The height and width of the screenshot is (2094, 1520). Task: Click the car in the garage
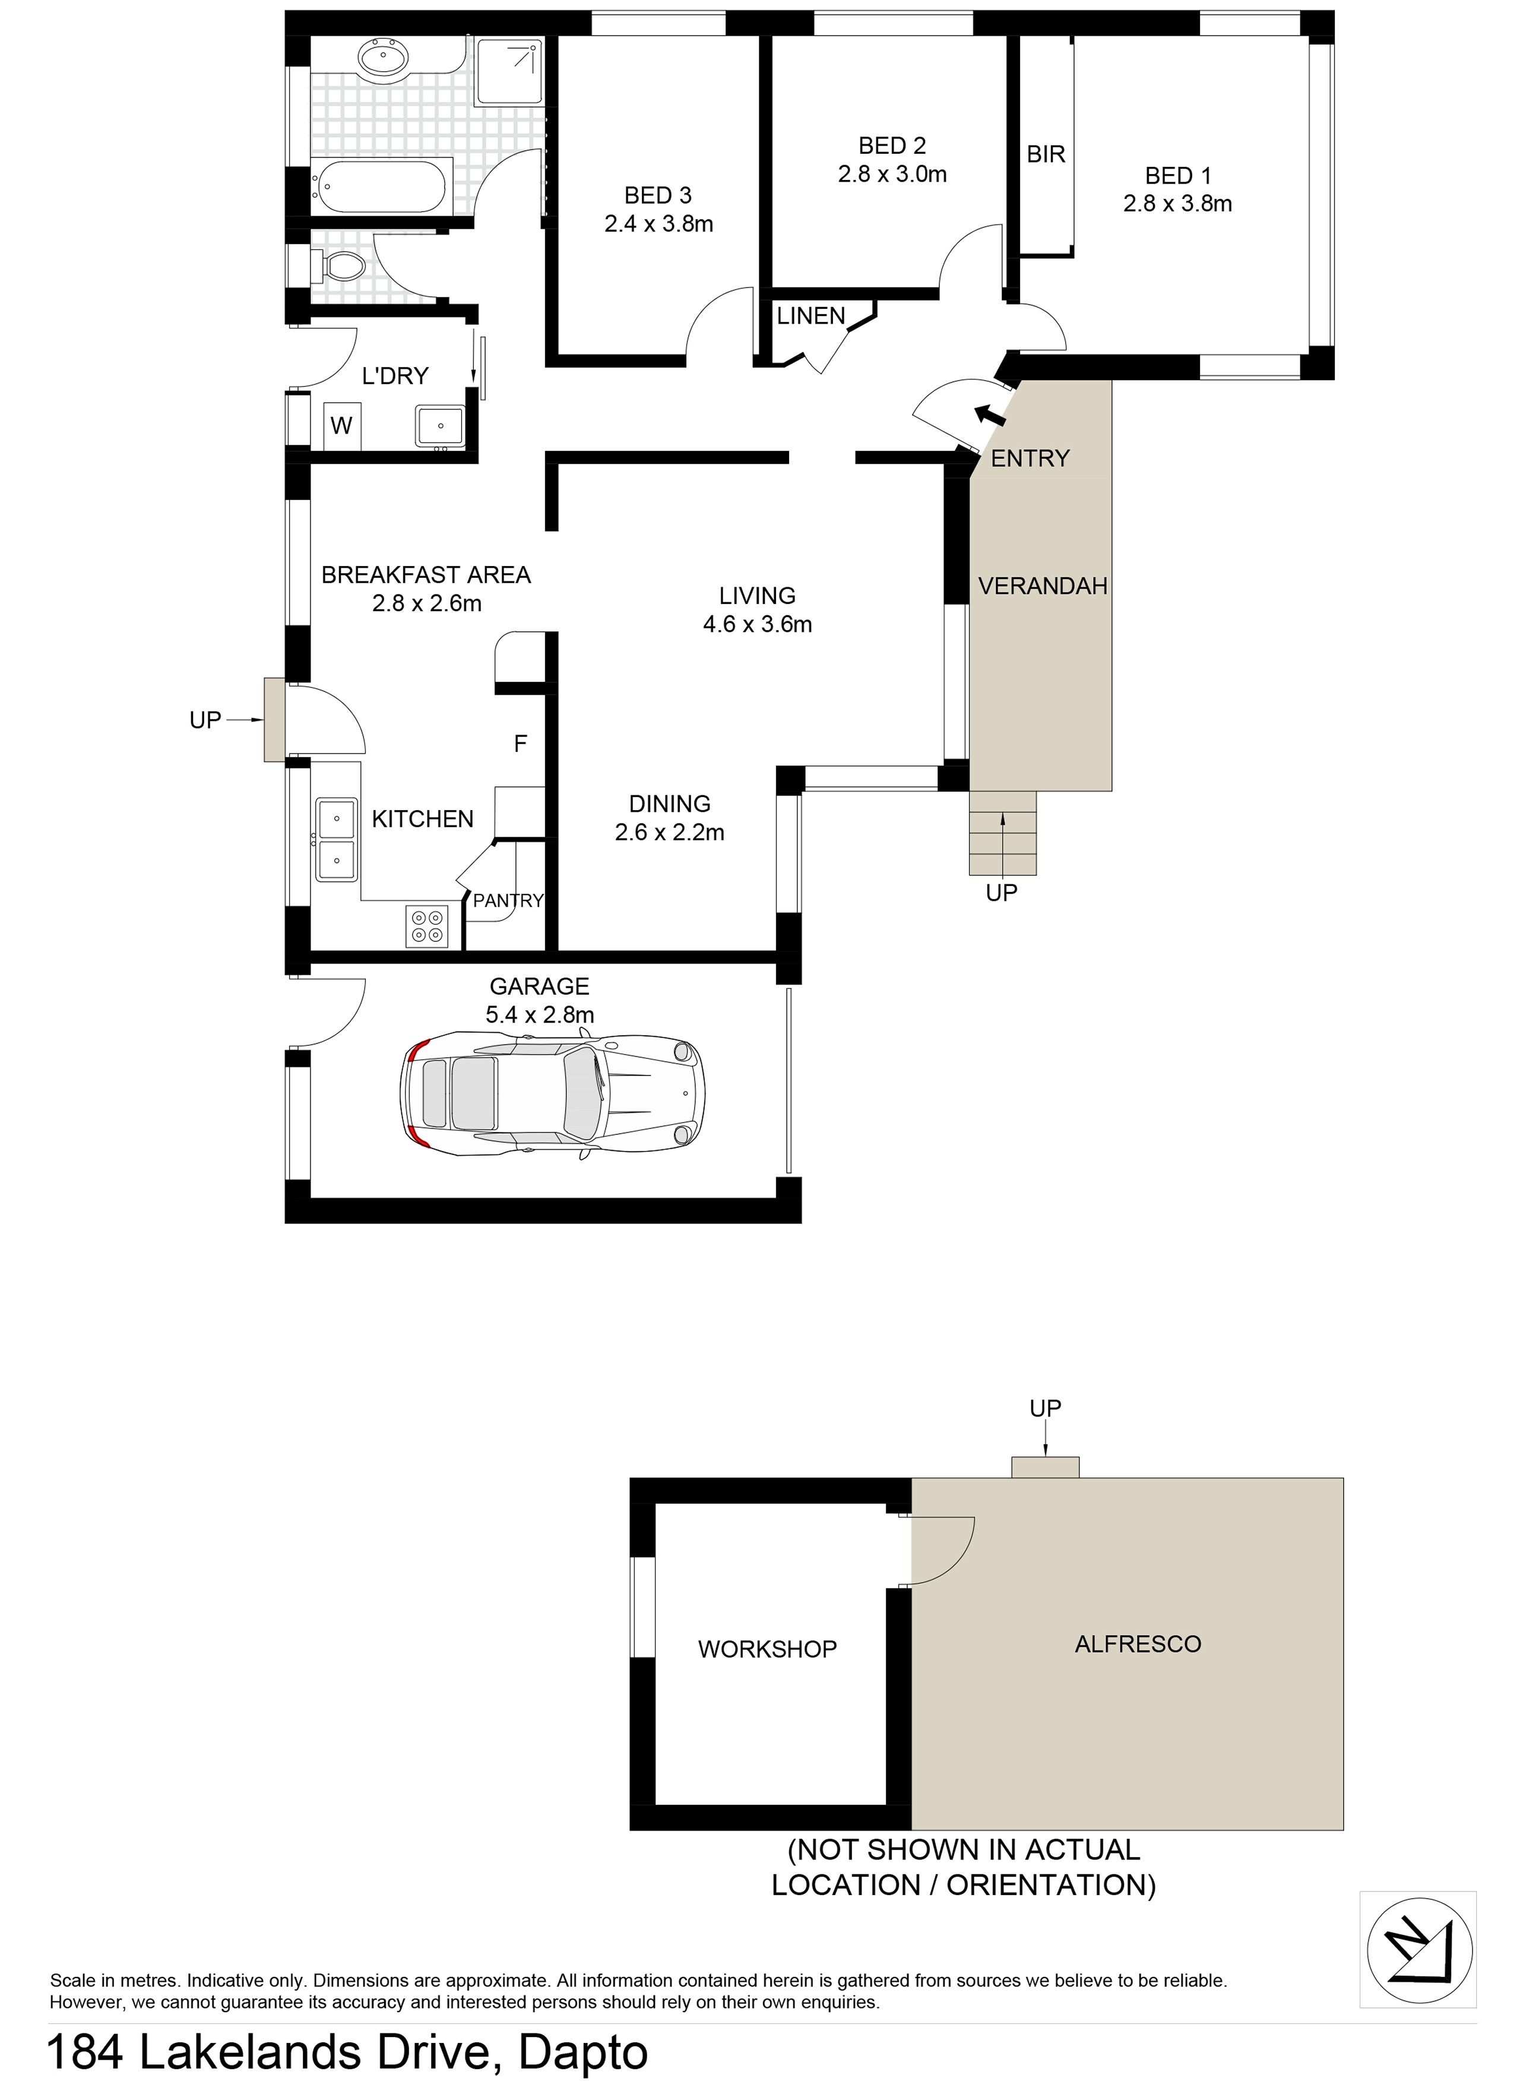pos(552,1095)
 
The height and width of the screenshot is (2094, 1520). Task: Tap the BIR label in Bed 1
pos(1046,154)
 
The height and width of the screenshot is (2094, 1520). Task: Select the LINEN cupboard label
pos(810,316)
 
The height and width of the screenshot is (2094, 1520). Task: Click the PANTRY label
pos(508,900)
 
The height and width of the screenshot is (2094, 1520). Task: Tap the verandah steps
pos(1002,833)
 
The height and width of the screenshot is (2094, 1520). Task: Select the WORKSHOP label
pos(767,1649)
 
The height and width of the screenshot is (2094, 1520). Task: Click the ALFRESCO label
pos(1138,1643)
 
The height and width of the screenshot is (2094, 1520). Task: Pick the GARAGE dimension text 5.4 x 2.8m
pos(540,1015)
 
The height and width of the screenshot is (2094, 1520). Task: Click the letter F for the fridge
pos(521,744)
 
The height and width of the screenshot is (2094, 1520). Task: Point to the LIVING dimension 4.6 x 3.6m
pos(758,624)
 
